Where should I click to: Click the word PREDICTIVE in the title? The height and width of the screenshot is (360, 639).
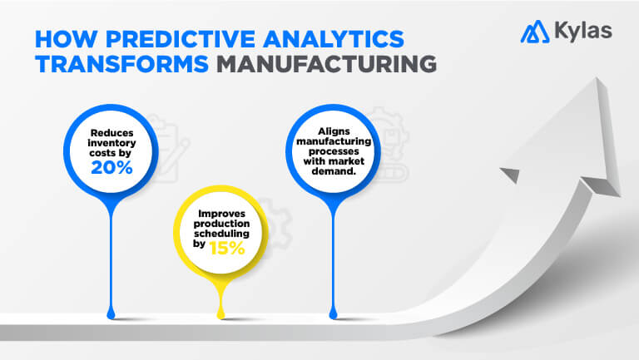click(x=156, y=38)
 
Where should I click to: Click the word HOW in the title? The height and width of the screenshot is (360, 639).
click(x=58, y=38)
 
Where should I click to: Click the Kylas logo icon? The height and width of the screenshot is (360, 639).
click(x=533, y=32)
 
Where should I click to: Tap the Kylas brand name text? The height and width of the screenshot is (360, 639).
click(x=582, y=32)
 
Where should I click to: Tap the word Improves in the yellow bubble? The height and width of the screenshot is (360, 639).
click(x=221, y=215)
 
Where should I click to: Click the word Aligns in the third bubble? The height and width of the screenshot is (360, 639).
click(x=334, y=131)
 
